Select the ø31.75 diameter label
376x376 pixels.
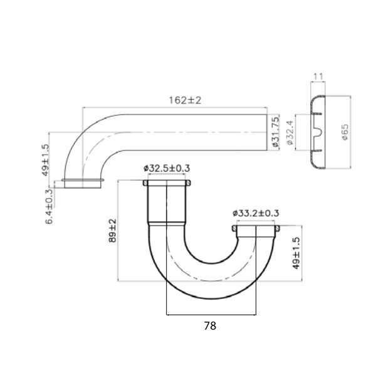coord(274,132)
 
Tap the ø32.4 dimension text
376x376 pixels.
coord(290,132)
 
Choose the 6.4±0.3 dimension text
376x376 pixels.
coord(50,206)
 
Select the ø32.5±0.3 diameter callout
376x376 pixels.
coord(167,169)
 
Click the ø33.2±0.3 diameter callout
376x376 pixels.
coord(256,213)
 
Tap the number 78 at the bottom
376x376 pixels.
coord(212,325)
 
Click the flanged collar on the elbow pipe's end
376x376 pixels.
coord(82,184)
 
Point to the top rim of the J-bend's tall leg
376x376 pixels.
coord(167,182)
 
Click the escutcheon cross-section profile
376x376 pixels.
coord(318,132)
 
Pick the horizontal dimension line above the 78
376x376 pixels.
coord(212,314)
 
